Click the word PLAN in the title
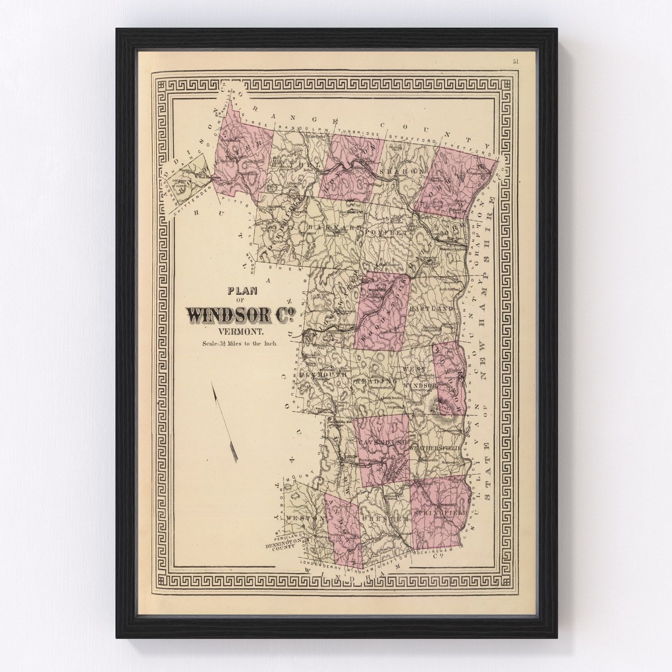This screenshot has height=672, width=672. click(242, 291)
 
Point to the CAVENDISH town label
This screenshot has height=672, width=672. click(383, 442)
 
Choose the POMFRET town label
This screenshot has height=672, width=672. click(385, 233)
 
